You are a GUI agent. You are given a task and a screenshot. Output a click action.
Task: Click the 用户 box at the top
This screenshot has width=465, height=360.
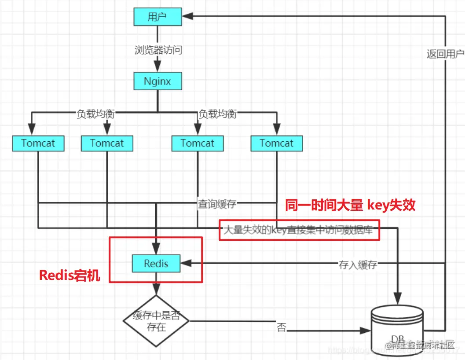[x=157, y=16]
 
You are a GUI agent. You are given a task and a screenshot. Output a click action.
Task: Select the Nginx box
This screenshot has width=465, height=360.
[x=157, y=81]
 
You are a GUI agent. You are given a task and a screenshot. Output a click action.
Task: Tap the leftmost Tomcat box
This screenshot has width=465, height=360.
[x=38, y=143]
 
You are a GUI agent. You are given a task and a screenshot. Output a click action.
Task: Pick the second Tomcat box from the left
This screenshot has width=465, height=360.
[x=107, y=143]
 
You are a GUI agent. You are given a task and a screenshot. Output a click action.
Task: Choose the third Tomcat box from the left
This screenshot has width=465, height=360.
[x=198, y=143]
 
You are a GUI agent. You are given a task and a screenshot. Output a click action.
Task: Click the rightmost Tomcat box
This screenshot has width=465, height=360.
[x=276, y=143]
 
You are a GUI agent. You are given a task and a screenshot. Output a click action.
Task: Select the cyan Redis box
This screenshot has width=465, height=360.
[x=156, y=263]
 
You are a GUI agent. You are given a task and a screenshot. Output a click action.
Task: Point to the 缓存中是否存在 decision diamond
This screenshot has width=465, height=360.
[x=156, y=322]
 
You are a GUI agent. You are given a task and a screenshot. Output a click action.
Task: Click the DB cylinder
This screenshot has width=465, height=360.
[x=398, y=330]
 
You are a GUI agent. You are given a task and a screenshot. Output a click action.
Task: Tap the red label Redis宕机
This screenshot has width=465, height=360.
[x=70, y=276]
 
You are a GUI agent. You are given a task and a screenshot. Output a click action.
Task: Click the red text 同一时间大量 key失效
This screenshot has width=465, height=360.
[x=350, y=205]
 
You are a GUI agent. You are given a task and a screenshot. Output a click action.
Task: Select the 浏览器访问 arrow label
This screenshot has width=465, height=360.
[x=158, y=50]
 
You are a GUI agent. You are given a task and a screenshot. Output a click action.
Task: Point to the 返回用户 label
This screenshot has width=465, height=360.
[x=445, y=54]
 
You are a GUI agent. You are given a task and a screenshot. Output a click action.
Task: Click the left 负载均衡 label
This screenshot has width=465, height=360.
[x=95, y=114]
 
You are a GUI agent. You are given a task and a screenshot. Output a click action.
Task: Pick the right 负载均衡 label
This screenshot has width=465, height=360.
[x=217, y=114]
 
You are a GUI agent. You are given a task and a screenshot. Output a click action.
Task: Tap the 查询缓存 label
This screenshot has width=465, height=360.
[x=217, y=204]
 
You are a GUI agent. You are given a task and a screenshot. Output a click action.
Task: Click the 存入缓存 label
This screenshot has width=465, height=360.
[x=358, y=264]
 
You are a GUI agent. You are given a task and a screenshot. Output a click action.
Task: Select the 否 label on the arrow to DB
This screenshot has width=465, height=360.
[x=281, y=328]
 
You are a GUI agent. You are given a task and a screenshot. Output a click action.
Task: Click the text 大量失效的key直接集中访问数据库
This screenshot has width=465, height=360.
[x=299, y=230]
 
